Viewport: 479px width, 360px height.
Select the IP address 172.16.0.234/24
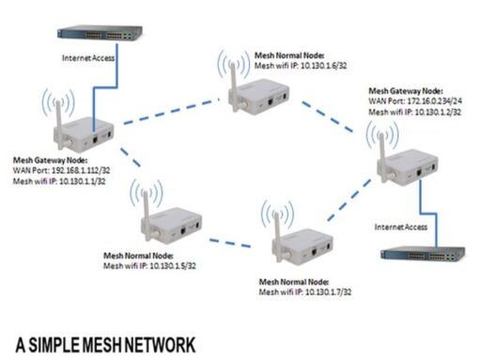point(433,104)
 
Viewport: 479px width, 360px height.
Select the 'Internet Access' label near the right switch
point(401,227)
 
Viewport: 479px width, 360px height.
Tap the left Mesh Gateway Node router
point(83,131)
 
